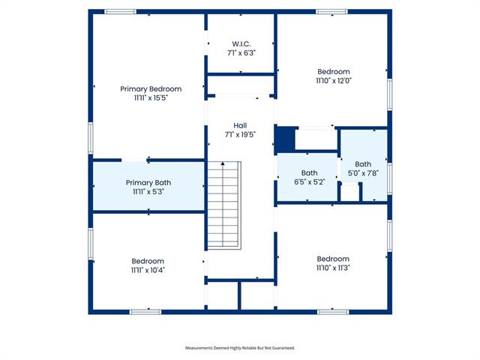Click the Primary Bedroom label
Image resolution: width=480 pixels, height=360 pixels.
(x=151, y=89)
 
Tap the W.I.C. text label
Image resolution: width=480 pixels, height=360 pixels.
(x=241, y=44)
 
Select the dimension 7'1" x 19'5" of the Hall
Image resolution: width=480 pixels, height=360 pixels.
(x=240, y=135)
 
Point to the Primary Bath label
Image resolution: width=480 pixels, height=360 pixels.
(x=148, y=183)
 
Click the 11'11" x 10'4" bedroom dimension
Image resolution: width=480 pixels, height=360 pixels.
(x=148, y=270)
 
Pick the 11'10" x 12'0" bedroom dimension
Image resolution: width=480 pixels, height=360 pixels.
(x=334, y=81)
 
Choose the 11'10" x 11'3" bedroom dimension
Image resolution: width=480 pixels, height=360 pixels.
(x=333, y=268)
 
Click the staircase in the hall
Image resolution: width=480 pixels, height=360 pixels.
(x=224, y=205)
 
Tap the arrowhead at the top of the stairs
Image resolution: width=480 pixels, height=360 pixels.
(x=223, y=163)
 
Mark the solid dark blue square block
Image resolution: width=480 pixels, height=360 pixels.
(x=285, y=139)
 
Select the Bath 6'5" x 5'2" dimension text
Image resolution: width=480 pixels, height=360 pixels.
(x=310, y=181)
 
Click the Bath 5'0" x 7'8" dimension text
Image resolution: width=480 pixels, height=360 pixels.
(x=363, y=173)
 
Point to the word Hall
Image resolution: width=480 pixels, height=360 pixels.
(x=240, y=125)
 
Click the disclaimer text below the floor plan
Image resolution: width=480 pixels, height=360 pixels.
(x=240, y=348)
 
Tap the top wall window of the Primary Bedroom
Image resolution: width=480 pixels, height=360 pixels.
(x=120, y=12)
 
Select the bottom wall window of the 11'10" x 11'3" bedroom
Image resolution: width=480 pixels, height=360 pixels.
(x=333, y=312)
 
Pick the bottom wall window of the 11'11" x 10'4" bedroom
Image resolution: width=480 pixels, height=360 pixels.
(x=145, y=312)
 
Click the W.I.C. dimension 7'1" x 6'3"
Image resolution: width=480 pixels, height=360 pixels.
(x=241, y=53)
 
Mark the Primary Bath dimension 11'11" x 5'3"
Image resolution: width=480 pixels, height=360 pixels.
(x=148, y=192)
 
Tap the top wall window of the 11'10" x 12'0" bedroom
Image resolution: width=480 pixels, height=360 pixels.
(x=331, y=12)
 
